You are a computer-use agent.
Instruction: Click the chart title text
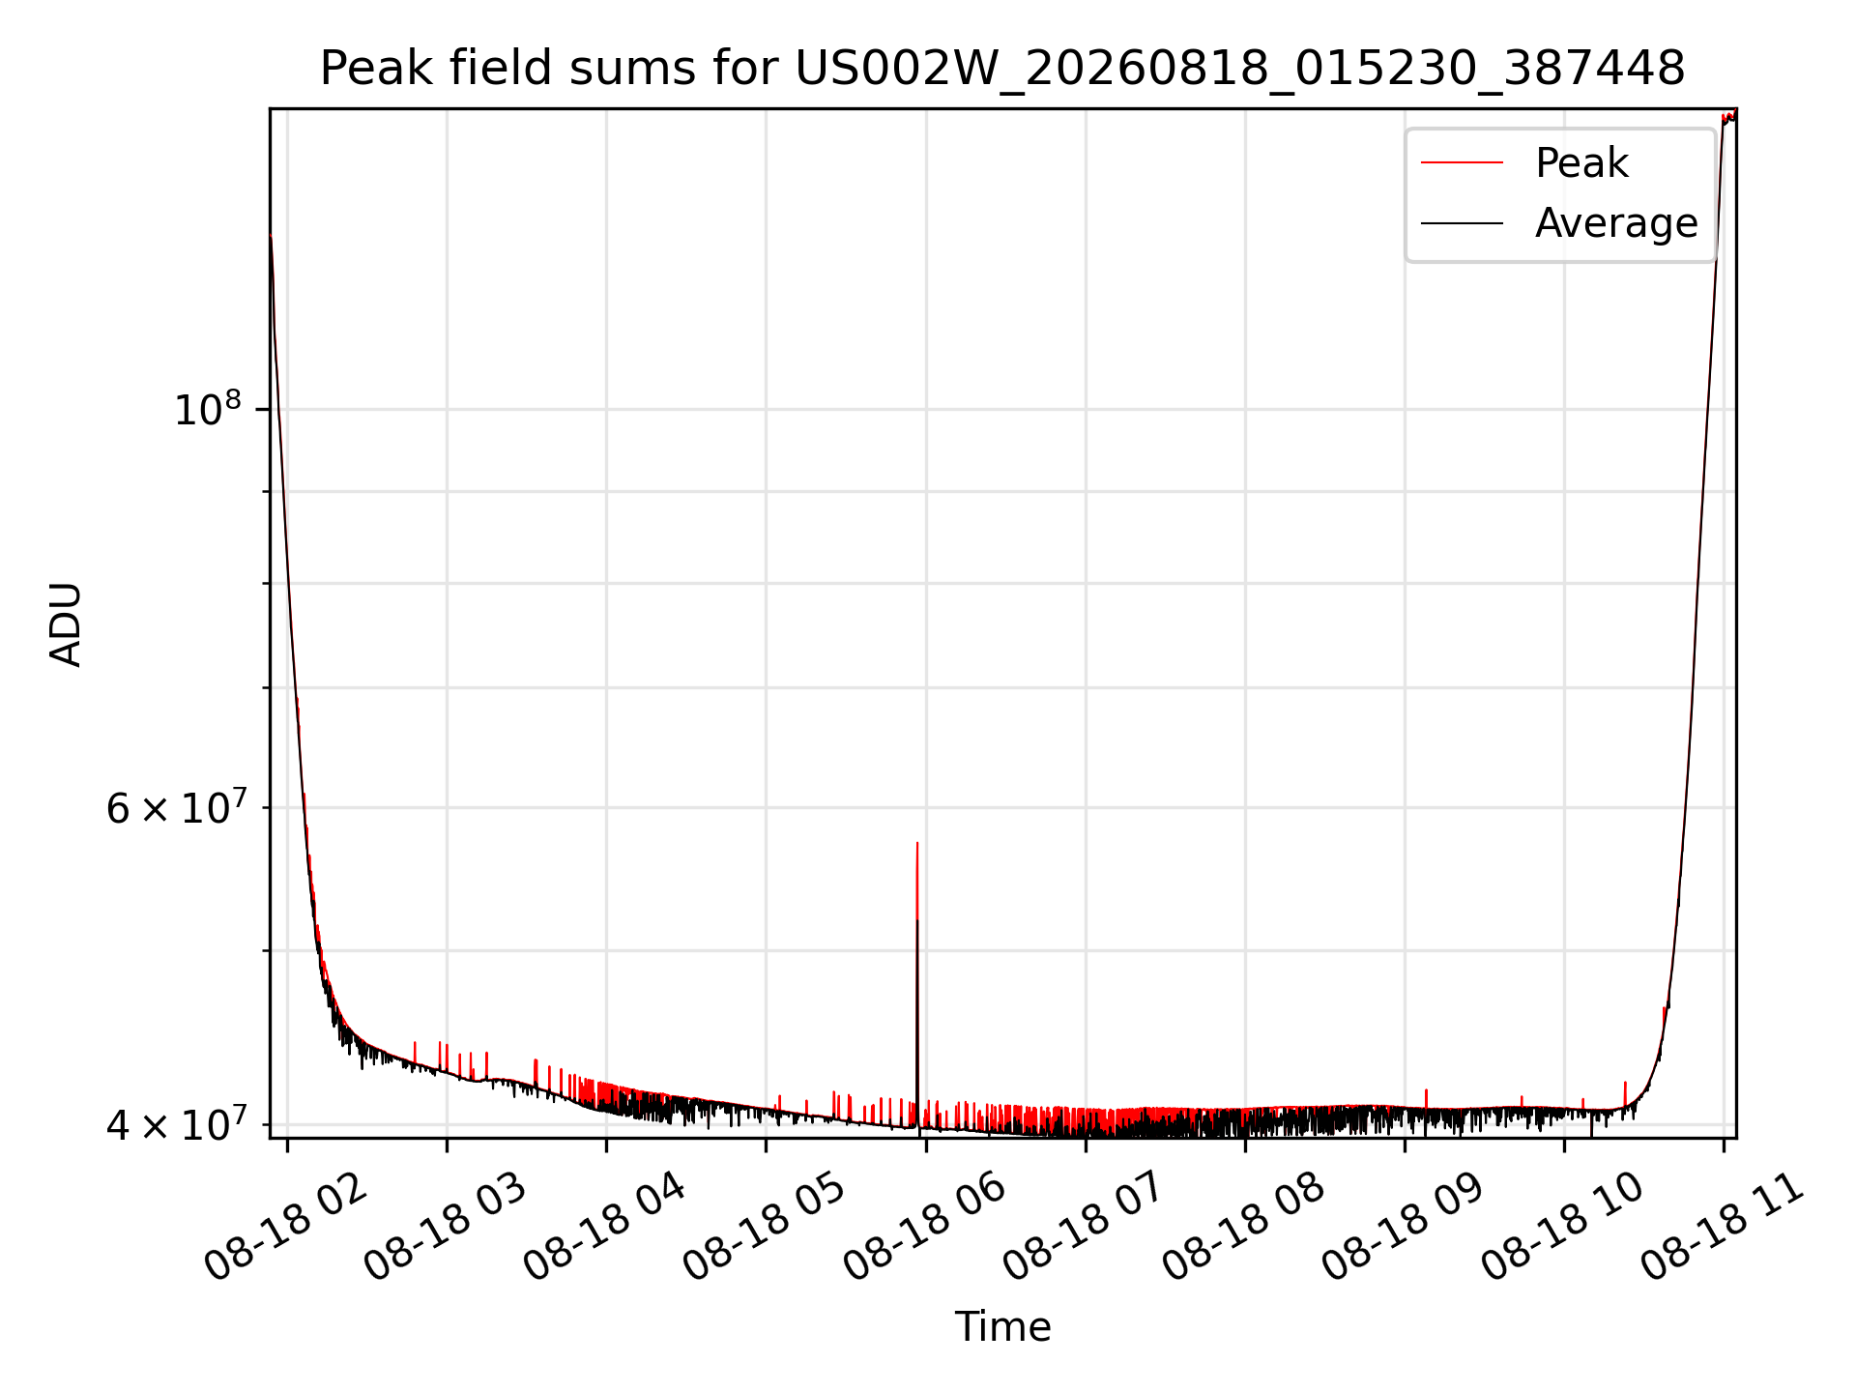pyautogui.click(x=1002, y=69)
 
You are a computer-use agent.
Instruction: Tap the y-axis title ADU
pyautogui.click(x=66, y=623)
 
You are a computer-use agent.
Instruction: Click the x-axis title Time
pyautogui.click(x=1002, y=1326)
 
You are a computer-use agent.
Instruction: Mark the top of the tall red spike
pyautogui.click(x=917, y=843)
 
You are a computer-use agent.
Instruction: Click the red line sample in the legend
pyautogui.click(x=1462, y=163)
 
